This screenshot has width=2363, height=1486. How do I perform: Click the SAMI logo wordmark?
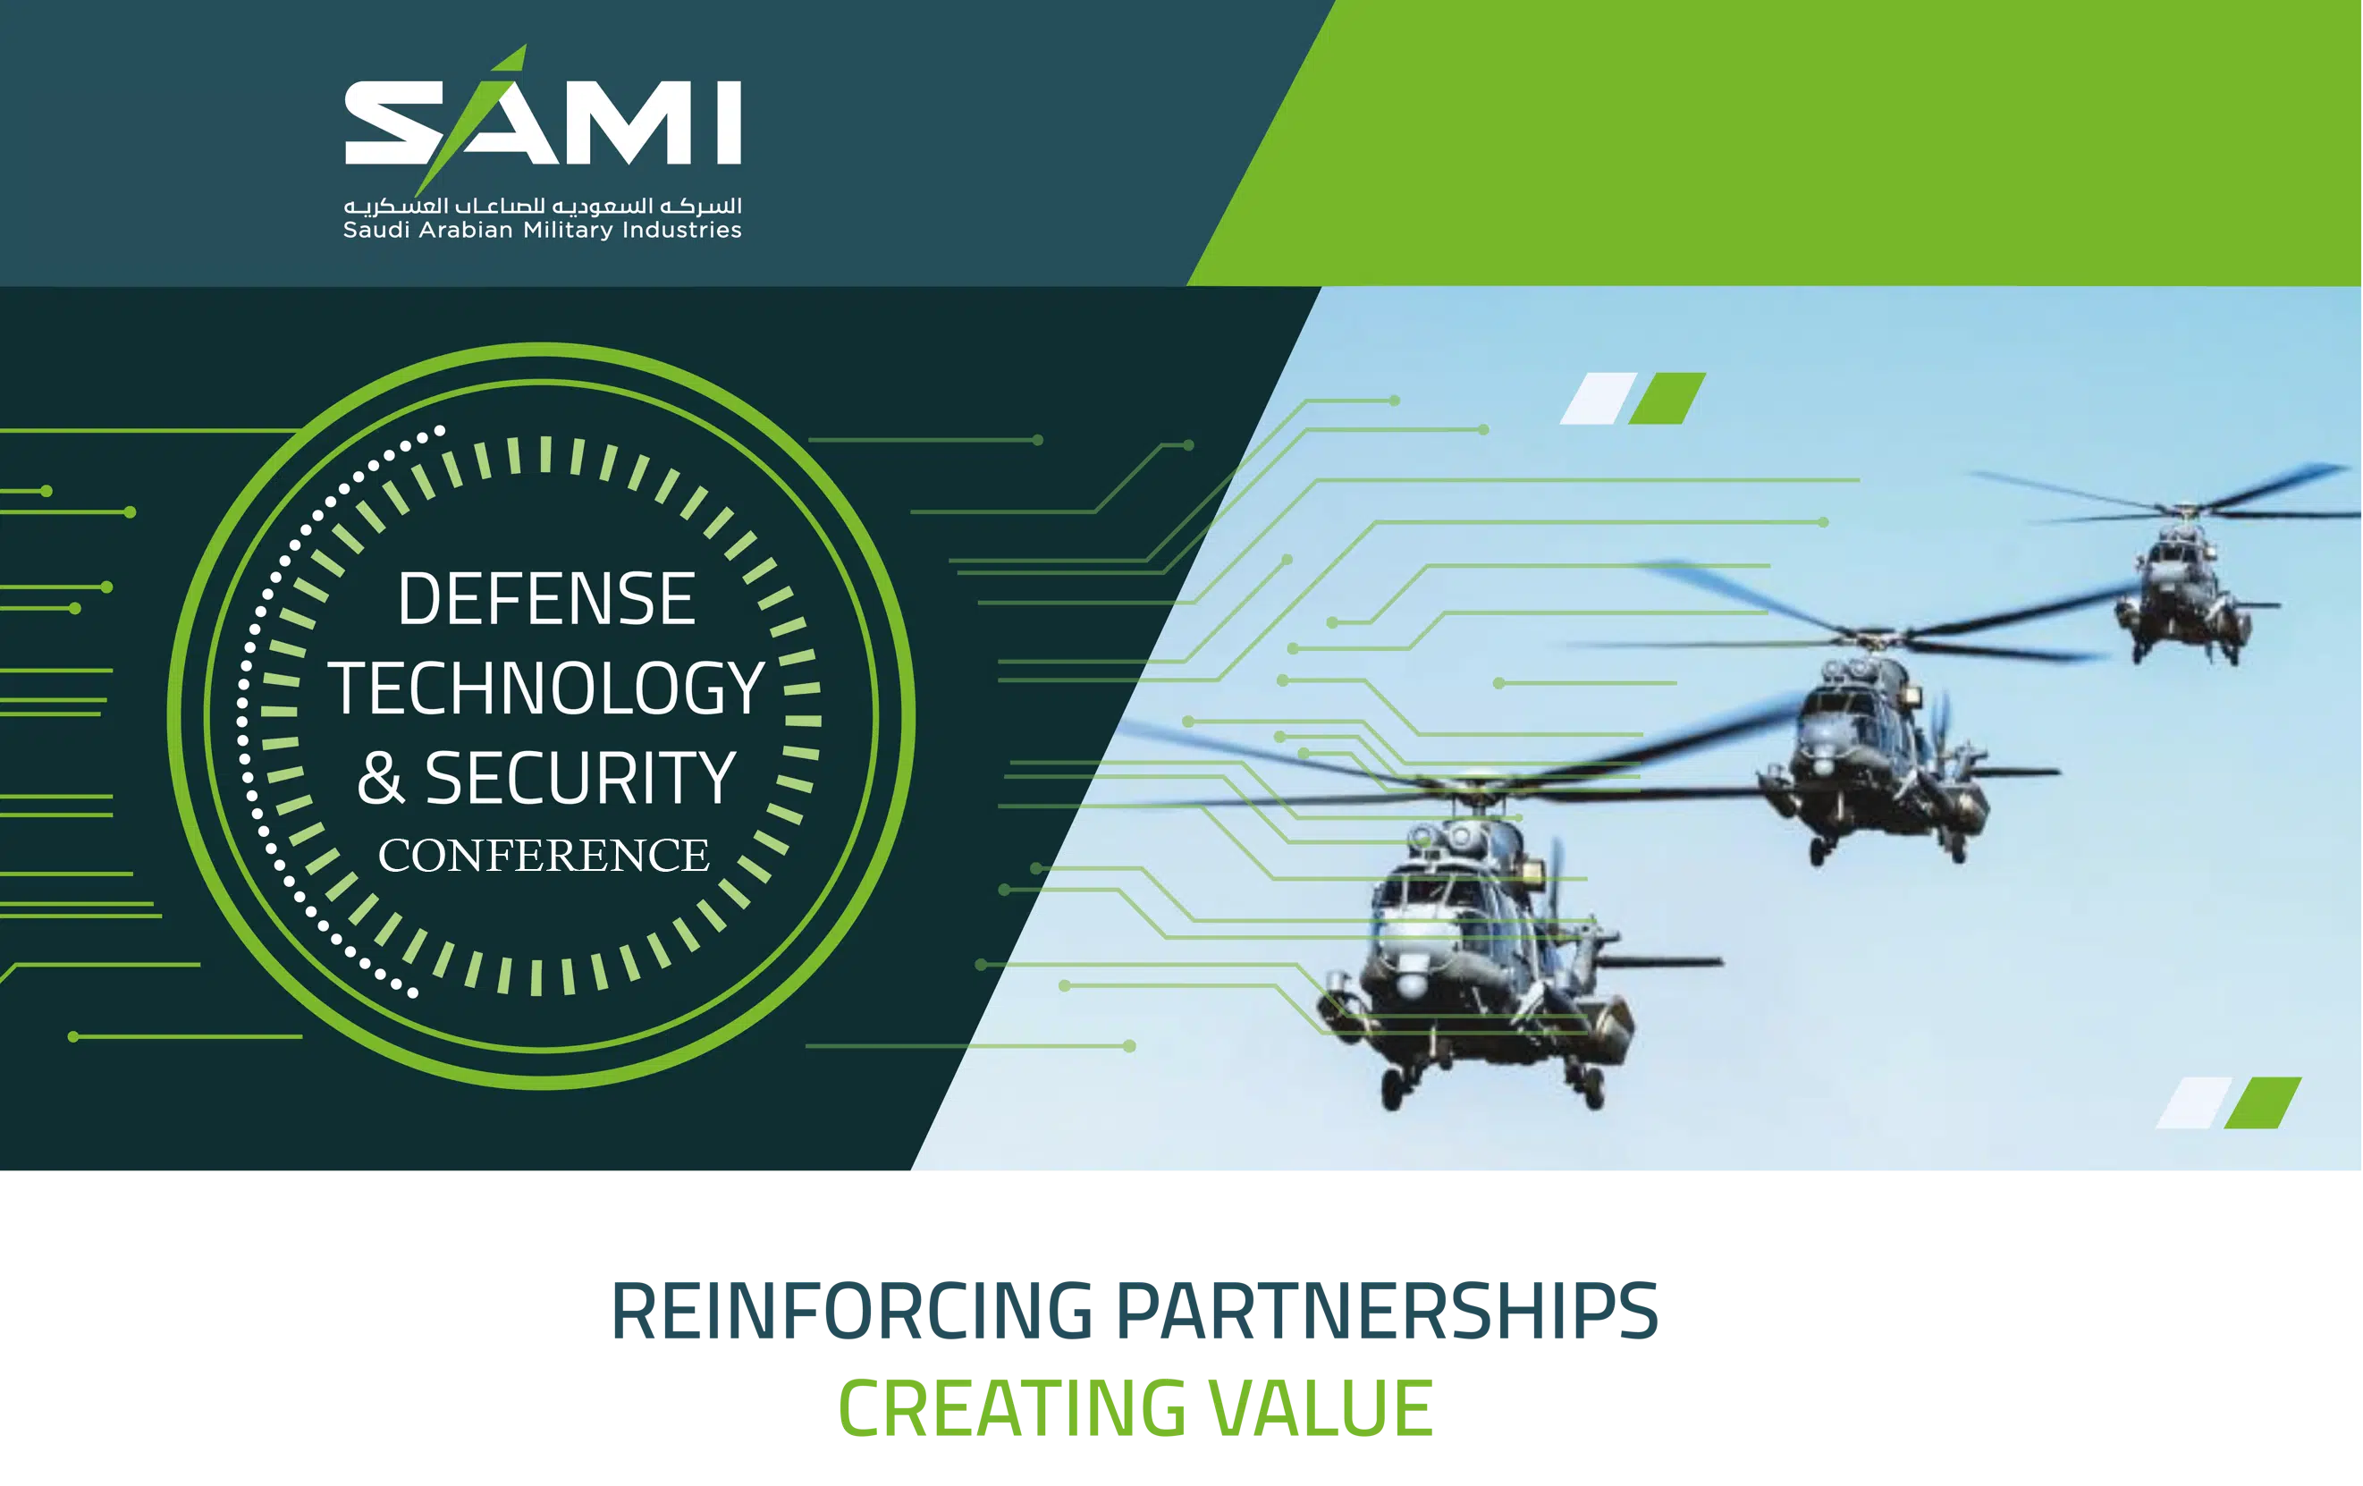pyautogui.click(x=543, y=120)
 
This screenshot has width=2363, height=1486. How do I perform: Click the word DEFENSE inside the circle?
pyautogui.click(x=546, y=599)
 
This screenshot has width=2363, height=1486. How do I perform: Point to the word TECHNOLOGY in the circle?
pyautogui.click(x=546, y=688)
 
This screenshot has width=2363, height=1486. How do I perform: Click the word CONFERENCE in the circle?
pyautogui.click(x=544, y=855)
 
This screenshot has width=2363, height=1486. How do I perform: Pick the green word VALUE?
pyautogui.click(x=1321, y=1408)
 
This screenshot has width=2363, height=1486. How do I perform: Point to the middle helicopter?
pyautogui.click(x=1874, y=756)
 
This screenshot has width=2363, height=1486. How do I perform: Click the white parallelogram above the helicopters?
pyautogui.click(x=1599, y=399)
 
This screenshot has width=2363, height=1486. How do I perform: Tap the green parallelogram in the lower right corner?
pyautogui.click(x=2262, y=1103)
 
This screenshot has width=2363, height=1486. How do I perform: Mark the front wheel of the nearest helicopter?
pyautogui.click(x=1394, y=1090)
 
